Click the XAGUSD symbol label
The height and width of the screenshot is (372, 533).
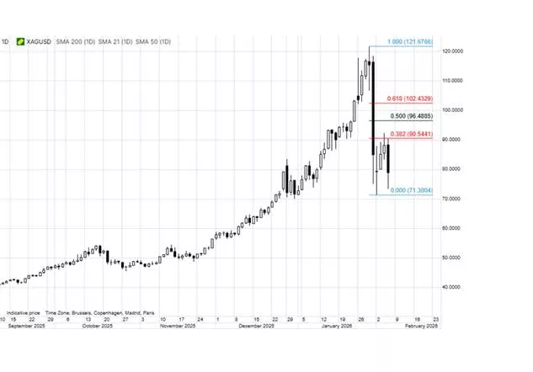tap(38, 41)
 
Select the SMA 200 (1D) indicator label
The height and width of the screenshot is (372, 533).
tap(74, 41)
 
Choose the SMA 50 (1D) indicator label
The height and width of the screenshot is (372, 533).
tap(153, 41)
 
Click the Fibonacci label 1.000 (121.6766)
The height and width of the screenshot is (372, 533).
tap(409, 42)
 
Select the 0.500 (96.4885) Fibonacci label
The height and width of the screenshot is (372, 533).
tap(410, 116)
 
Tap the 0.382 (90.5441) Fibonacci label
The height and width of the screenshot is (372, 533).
tap(410, 133)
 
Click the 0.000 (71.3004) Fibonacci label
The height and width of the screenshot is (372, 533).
tap(410, 191)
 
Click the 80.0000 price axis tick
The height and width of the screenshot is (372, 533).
tap(453, 168)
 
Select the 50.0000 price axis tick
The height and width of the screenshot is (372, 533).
tap(453, 257)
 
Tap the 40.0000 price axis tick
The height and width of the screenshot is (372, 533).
tap(453, 286)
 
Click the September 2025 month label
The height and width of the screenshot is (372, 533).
tap(25, 327)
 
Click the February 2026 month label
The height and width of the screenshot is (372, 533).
tap(421, 327)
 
